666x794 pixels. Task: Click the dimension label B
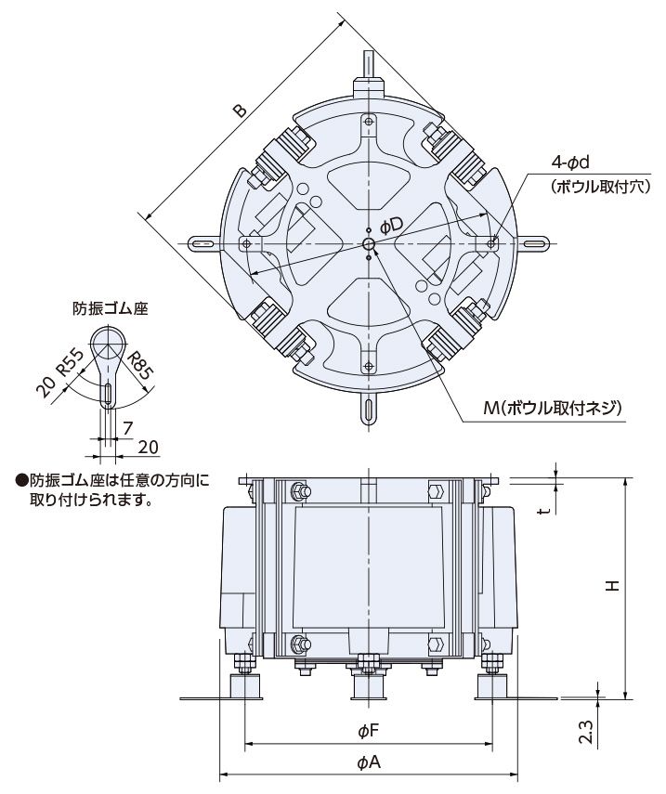click(x=240, y=111)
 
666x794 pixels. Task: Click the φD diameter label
click(x=391, y=227)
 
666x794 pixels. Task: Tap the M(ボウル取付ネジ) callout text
click(x=552, y=408)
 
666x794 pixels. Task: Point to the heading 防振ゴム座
click(x=111, y=309)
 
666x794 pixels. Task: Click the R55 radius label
click(x=70, y=362)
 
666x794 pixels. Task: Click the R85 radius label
click(x=139, y=365)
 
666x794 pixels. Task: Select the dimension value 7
click(x=127, y=428)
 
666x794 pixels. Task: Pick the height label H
click(x=614, y=585)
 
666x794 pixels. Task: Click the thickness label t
click(x=545, y=511)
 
